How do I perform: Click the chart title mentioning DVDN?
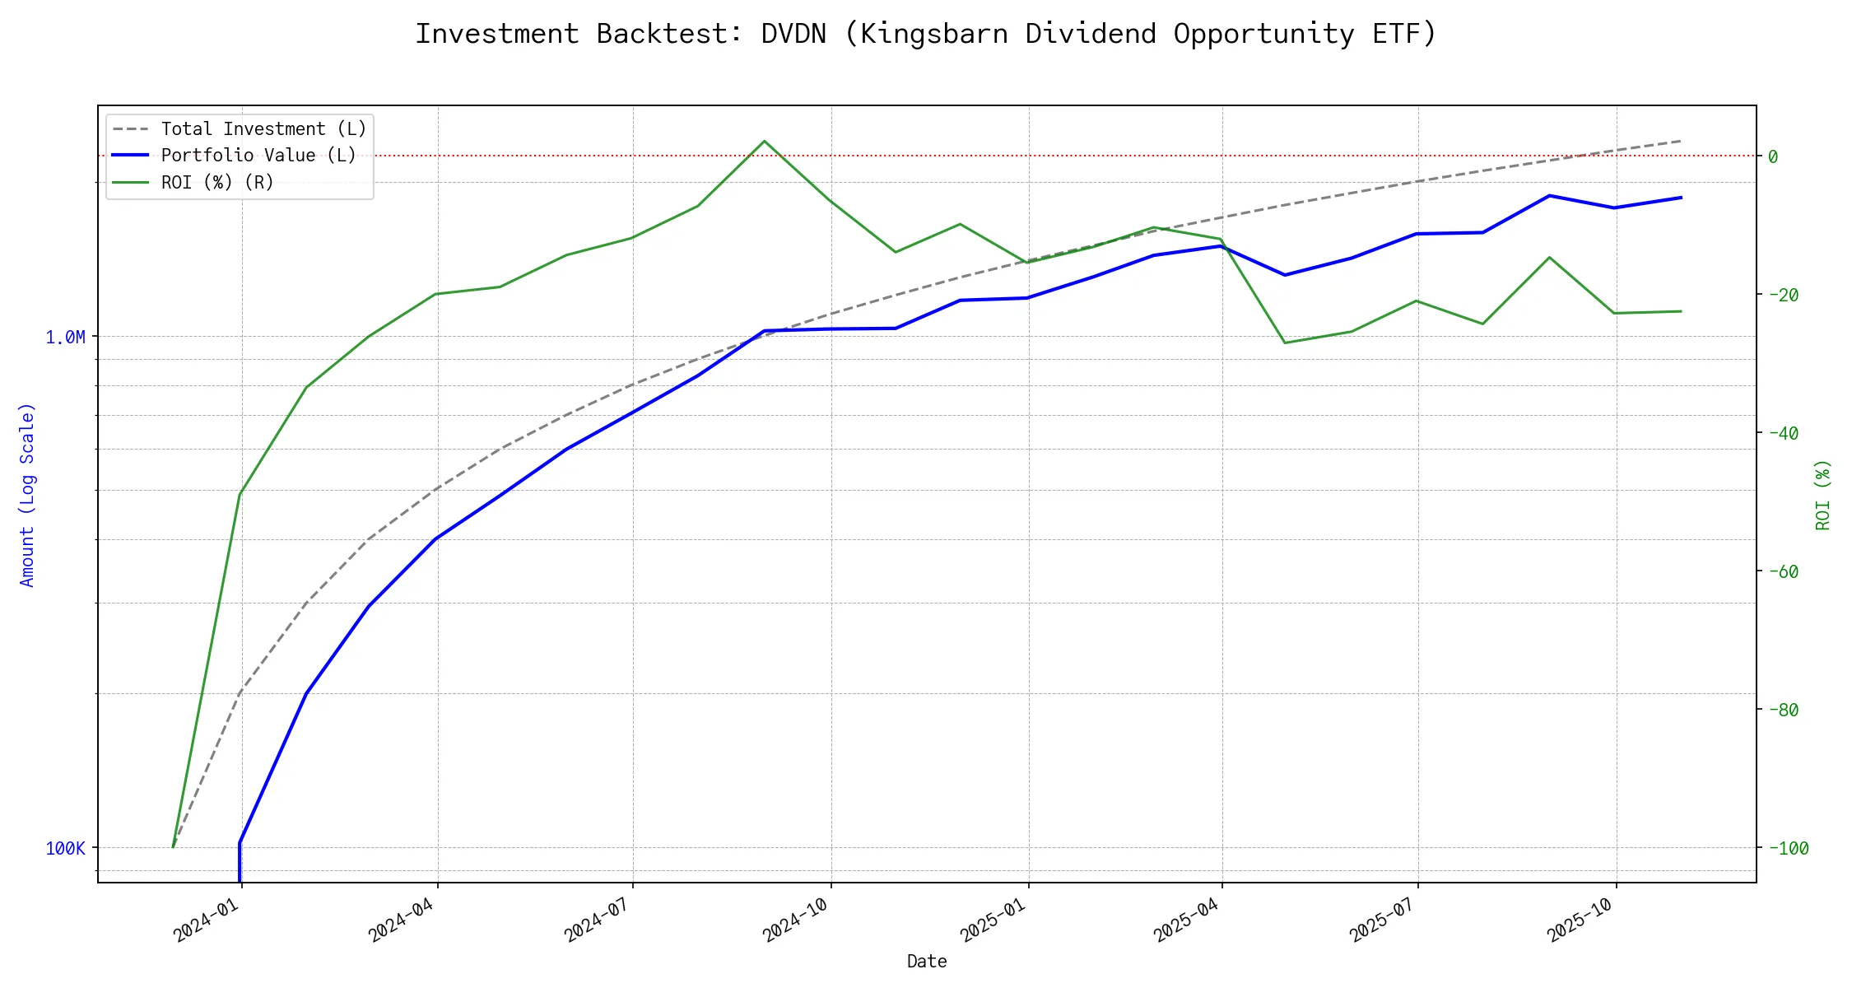click(925, 35)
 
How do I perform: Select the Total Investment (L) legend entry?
click(263, 129)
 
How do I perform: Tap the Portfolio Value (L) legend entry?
click(258, 156)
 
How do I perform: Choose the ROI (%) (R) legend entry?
click(217, 183)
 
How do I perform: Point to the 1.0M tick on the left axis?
click(65, 338)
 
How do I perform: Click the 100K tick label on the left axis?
click(65, 849)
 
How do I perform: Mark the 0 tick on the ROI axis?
click(1773, 156)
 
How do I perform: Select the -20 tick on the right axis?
click(1782, 295)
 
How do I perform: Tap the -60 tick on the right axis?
click(1782, 571)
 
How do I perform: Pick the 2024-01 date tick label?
click(207, 920)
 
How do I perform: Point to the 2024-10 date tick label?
click(796, 920)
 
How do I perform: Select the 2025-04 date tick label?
click(1187, 920)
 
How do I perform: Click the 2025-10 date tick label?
click(1580, 920)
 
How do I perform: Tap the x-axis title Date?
click(927, 962)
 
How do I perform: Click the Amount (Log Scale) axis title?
click(27, 494)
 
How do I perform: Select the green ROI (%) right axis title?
click(1822, 494)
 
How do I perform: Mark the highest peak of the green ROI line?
click(765, 141)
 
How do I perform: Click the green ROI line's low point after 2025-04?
click(1285, 343)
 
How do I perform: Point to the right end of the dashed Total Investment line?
click(1681, 141)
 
